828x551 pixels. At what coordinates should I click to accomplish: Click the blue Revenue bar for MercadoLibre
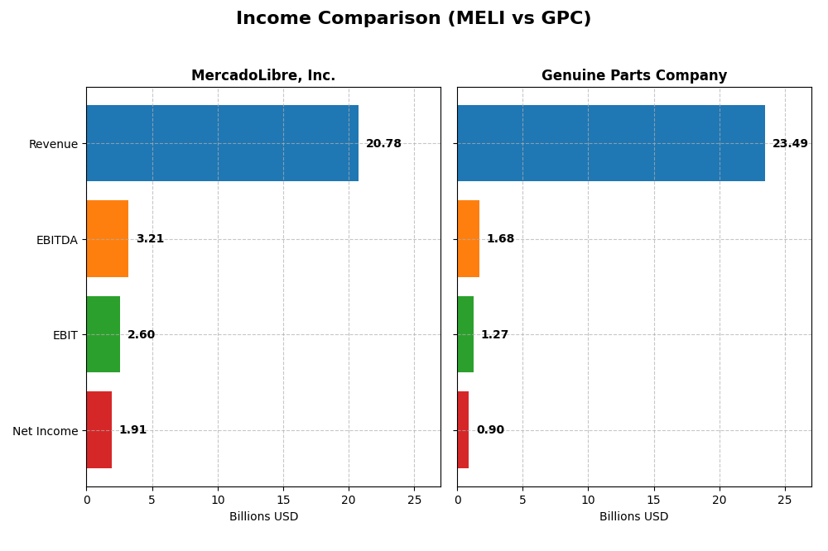(222, 143)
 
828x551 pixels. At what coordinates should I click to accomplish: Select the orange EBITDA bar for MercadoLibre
(108, 238)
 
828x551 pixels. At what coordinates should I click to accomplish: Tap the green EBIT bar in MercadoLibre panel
(103, 334)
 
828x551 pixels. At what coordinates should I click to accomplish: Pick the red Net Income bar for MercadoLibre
(99, 429)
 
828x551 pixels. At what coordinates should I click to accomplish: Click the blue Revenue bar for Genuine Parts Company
(610, 143)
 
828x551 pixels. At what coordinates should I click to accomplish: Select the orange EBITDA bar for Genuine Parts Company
(468, 238)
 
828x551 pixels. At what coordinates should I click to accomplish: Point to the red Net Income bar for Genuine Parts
(463, 429)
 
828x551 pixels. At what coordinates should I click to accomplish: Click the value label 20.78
(383, 144)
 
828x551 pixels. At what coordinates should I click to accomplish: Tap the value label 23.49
(790, 144)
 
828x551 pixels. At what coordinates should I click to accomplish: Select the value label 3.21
(150, 239)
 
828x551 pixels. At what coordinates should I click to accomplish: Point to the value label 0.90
(490, 430)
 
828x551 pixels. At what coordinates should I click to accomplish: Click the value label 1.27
(495, 335)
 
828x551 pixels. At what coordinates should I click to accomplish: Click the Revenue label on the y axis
(53, 144)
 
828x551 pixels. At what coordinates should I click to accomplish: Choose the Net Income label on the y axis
(46, 431)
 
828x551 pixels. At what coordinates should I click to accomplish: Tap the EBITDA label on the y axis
(57, 240)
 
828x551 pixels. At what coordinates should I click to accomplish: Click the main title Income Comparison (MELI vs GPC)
(413, 18)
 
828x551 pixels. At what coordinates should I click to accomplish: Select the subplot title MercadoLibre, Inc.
(263, 76)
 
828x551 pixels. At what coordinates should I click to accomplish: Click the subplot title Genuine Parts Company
(634, 76)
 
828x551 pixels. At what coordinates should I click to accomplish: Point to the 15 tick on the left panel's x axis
(283, 500)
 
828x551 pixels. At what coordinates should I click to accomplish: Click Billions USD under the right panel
(634, 517)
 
